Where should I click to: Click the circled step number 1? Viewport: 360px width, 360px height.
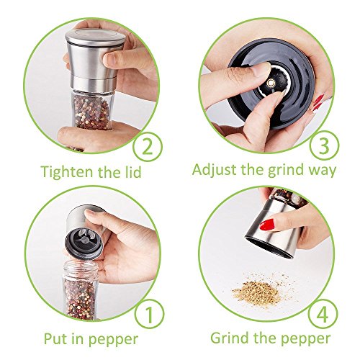[x=149, y=315]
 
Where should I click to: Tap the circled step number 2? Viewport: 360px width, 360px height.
[x=148, y=146]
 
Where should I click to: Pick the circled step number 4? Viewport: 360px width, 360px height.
[x=323, y=314]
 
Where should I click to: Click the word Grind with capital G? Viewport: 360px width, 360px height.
[x=230, y=338]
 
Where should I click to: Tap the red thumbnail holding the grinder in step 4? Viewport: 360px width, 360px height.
[x=267, y=225]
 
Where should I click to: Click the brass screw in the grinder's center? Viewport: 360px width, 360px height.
[x=271, y=83]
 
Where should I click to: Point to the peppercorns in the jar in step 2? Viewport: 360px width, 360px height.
[x=91, y=112]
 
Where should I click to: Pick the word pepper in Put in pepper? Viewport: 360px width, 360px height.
[x=114, y=341]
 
